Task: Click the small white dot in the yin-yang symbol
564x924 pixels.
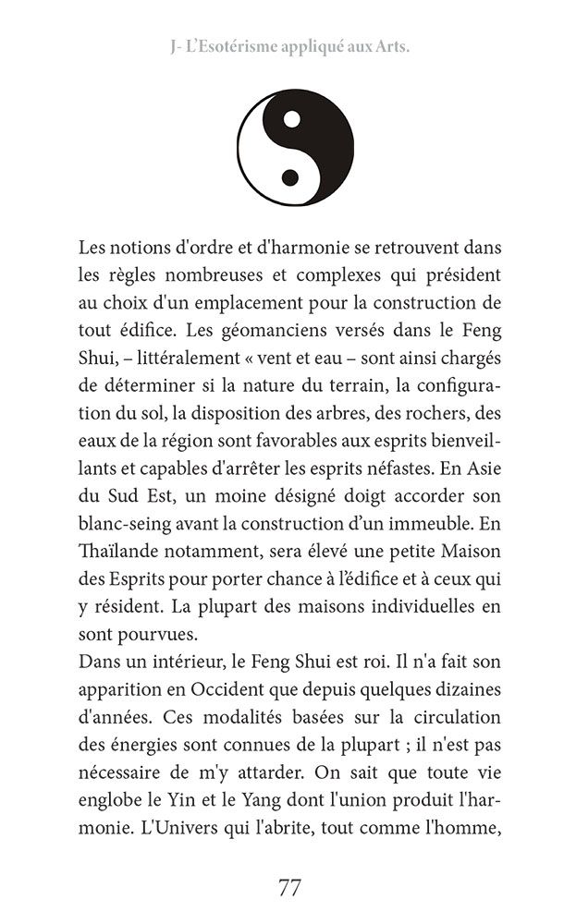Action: click(x=291, y=118)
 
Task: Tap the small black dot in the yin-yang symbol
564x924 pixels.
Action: click(x=290, y=176)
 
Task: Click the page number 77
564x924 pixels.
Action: click(x=289, y=888)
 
